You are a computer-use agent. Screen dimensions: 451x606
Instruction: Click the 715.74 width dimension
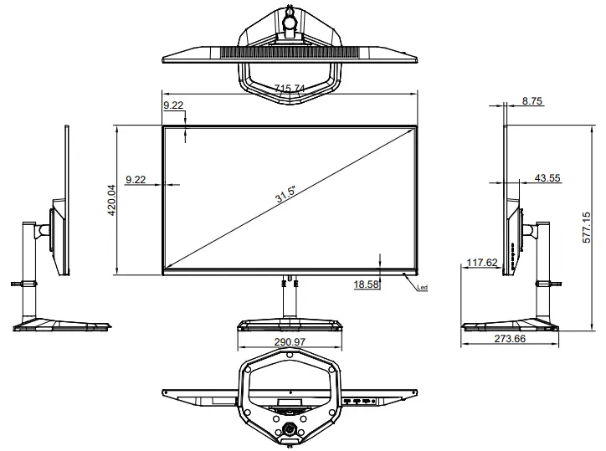click(x=290, y=89)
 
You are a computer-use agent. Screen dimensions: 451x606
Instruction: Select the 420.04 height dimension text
click(x=110, y=200)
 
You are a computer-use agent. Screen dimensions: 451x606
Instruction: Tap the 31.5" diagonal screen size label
click(x=285, y=193)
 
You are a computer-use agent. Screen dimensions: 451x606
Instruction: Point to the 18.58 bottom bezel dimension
click(x=367, y=284)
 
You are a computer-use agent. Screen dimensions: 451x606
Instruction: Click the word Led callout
click(x=422, y=289)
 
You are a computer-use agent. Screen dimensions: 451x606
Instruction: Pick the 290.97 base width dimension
click(x=290, y=342)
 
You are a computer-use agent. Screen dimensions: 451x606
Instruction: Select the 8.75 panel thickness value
click(x=532, y=100)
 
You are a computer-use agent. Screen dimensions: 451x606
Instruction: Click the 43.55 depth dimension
click(x=547, y=177)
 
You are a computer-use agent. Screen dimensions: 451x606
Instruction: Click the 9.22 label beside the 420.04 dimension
click(x=135, y=179)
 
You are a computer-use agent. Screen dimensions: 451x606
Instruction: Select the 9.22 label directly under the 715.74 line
click(x=173, y=105)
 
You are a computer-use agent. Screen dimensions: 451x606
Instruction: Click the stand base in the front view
click(x=290, y=325)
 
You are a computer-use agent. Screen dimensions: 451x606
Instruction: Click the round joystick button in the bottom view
click(x=290, y=428)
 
